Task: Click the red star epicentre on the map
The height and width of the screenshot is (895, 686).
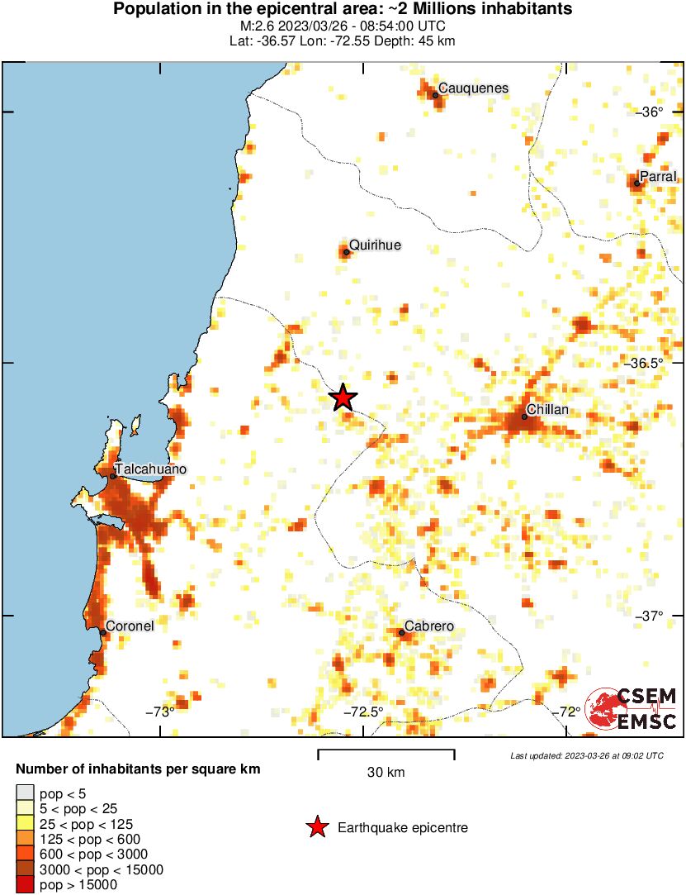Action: (x=343, y=398)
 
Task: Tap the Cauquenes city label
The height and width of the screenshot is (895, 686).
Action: (x=473, y=88)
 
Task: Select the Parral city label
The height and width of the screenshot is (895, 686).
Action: (x=658, y=176)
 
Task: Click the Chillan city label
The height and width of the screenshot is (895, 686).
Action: (x=547, y=410)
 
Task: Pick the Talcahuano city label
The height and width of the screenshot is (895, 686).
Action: (x=150, y=469)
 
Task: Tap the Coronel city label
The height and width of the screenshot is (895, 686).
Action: (x=129, y=626)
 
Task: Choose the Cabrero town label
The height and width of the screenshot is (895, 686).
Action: (x=428, y=627)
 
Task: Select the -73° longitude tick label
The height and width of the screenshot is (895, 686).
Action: (x=160, y=712)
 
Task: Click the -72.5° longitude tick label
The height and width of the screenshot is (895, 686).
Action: (x=364, y=712)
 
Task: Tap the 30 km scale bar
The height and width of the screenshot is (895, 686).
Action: (x=386, y=751)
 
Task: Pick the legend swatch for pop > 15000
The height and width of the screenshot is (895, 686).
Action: (x=26, y=884)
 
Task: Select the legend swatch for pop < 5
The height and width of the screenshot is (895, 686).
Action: (x=26, y=794)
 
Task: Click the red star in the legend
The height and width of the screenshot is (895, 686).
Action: (x=315, y=827)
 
